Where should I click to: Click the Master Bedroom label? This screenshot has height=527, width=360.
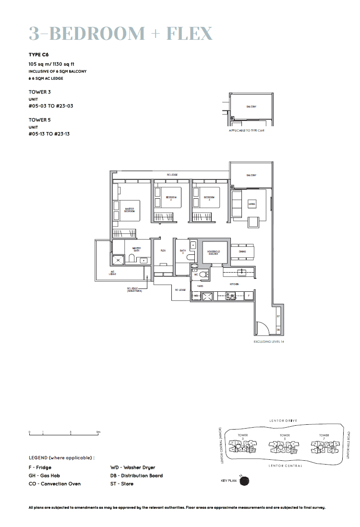(130, 210)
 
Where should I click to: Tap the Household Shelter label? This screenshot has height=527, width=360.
(213, 252)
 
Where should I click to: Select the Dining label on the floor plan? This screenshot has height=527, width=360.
(242, 251)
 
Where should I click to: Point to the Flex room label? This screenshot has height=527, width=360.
(163, 251)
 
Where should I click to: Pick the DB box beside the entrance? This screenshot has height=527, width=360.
(278, 330)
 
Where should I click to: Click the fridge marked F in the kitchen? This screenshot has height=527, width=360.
(249, 296)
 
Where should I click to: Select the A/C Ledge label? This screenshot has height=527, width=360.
(112, 273)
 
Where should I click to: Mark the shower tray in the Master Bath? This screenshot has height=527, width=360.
(118, 260)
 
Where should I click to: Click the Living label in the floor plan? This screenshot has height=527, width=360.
(252, 204)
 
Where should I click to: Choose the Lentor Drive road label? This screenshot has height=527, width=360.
(283, 420)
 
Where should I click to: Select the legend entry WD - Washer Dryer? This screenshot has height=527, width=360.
(132, 467)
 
